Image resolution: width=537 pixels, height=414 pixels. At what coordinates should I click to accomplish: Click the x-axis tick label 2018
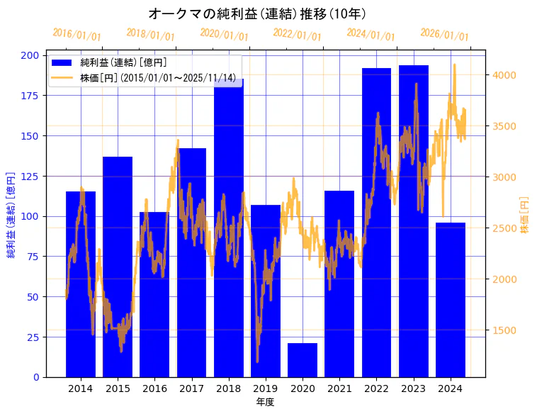229,388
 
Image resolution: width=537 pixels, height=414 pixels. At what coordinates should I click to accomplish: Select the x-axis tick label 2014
81,388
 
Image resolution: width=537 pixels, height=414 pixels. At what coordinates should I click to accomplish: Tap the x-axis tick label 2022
376,388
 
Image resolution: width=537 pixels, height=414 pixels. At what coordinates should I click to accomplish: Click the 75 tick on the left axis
33,257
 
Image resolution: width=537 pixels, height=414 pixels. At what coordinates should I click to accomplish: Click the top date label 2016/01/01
77,35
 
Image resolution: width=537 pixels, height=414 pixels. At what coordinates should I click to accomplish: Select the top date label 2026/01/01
444,35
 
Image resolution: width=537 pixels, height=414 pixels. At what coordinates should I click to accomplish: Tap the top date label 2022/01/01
298,35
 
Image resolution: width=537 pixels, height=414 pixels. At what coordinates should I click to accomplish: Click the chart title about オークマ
257,13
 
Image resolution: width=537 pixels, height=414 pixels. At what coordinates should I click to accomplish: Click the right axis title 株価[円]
525,216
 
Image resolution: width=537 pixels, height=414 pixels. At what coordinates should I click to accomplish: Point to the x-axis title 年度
265,402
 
